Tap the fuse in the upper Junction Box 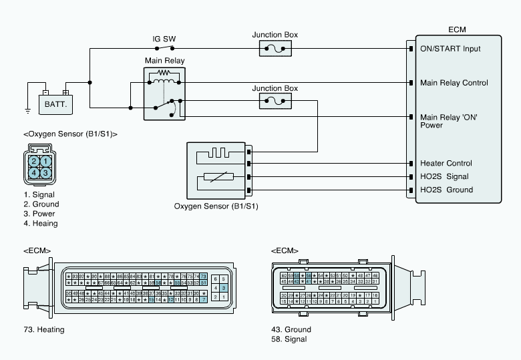275,49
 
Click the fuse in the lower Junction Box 275,102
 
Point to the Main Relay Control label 454,83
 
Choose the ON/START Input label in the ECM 450,49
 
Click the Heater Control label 446,163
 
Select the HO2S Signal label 444,176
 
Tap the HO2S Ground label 446,190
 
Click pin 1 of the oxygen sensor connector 45,161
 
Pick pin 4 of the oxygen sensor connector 33,173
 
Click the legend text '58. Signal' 289,339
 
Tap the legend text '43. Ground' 291,329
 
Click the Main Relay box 165,94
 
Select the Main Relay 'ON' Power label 449,120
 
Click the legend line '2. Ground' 41,204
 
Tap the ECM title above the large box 458,29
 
